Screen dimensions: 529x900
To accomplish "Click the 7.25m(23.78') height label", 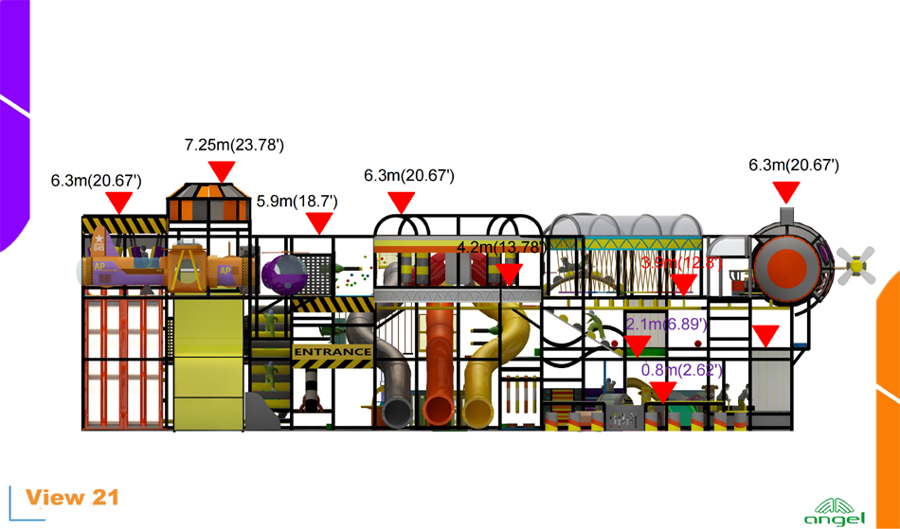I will pyautogui.click(x=234, y=145).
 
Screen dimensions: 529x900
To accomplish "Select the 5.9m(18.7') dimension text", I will pyautogui.click(x=297, y=202).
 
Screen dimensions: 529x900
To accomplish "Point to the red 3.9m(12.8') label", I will pyautogui.click(x=682, y=263).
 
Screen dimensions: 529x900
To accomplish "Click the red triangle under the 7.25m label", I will pyautogui.click(x=222, y=171).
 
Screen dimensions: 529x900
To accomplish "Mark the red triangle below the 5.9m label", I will pyautogui.click(x=319, y=223).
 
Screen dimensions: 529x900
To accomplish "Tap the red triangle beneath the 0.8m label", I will pyautogui.click(x=664, y=391).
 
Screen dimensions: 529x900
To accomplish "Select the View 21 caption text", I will pyautogui.click(x=72, y=498).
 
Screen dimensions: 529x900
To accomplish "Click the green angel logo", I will pyautogui.click(x=834, y=511).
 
